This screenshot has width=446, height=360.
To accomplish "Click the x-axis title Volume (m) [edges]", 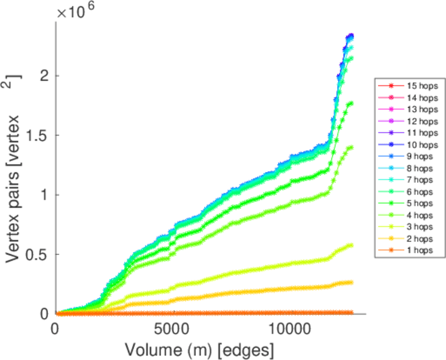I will click(x=199, y=348).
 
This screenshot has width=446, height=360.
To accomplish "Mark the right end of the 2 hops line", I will click(x=351, y=282).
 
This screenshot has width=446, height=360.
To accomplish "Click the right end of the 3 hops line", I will click(x=351, y=245).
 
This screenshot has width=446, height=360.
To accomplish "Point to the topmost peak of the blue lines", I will click(x=351, y=35).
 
